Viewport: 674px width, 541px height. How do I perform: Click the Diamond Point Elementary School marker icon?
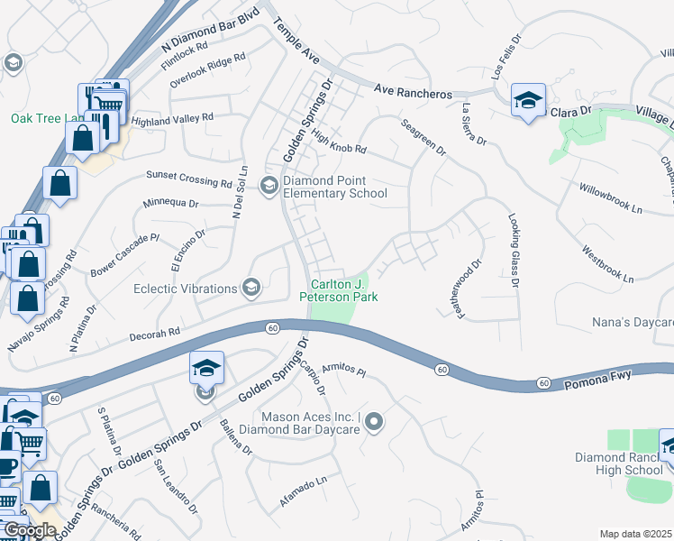tap(269, 186)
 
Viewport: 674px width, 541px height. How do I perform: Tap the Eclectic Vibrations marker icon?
tap(251, 289)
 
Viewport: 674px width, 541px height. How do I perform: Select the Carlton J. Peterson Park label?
tap(338, 289)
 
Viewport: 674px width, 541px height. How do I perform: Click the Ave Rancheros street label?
tap(413, 92)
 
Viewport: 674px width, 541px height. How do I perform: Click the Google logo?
tap(30, 530)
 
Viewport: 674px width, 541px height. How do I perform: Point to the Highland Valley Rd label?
tap(171, 118)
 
